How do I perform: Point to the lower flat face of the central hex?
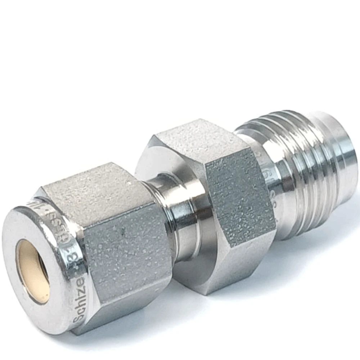(230, 274)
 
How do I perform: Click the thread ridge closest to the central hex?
(288, 173)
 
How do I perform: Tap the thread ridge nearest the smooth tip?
(324, 158)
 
